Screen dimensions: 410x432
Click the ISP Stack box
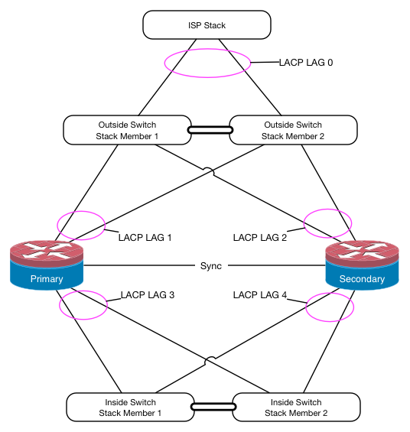pyautogui.click(x=207, y=24)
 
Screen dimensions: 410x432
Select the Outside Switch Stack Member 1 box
pyautogui.click(x=127, y=130)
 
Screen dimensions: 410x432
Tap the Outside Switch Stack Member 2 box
pyautogui.click(x=293, y=130)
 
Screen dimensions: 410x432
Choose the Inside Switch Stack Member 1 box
pyautogui.click(x=130, y=408)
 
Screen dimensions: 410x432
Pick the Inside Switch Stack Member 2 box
pyautogui.click(x=296, y=408)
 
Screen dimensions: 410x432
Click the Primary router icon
pyautogui.click(x=47, y=265)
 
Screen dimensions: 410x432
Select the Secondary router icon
pyautogui.click(x=362, y=265)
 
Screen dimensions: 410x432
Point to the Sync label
pyautogui.click(x=211, y=266)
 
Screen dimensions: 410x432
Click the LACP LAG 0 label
pyautogui.click(x=306, y=63)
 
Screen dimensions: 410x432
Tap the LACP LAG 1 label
pyautogui.click(x=145, y=238)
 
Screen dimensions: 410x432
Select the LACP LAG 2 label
pyautogui.click(x=260, y=238)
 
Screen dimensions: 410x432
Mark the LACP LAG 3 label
pyautogui.click(x=148, y=295)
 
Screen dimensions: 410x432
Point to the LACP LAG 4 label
pyautogui.click(x=260, y=295)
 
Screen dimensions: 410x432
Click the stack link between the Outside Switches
pyautogui.click(x=210, y=130)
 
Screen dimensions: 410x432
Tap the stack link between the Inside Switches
pyautogui.click(x=213, y=407)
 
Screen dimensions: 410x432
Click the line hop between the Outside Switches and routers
pyautogui.click(x=209, y=171)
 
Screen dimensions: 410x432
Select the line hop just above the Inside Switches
pyautogui.click(x=210, y=360)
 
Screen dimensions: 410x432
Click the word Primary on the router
pyautogui.click(x=47, y=279)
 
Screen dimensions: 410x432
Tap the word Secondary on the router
pyautogui.click(x=362, y=279)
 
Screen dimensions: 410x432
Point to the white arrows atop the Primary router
pyautogui.click(x=47, y=250)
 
